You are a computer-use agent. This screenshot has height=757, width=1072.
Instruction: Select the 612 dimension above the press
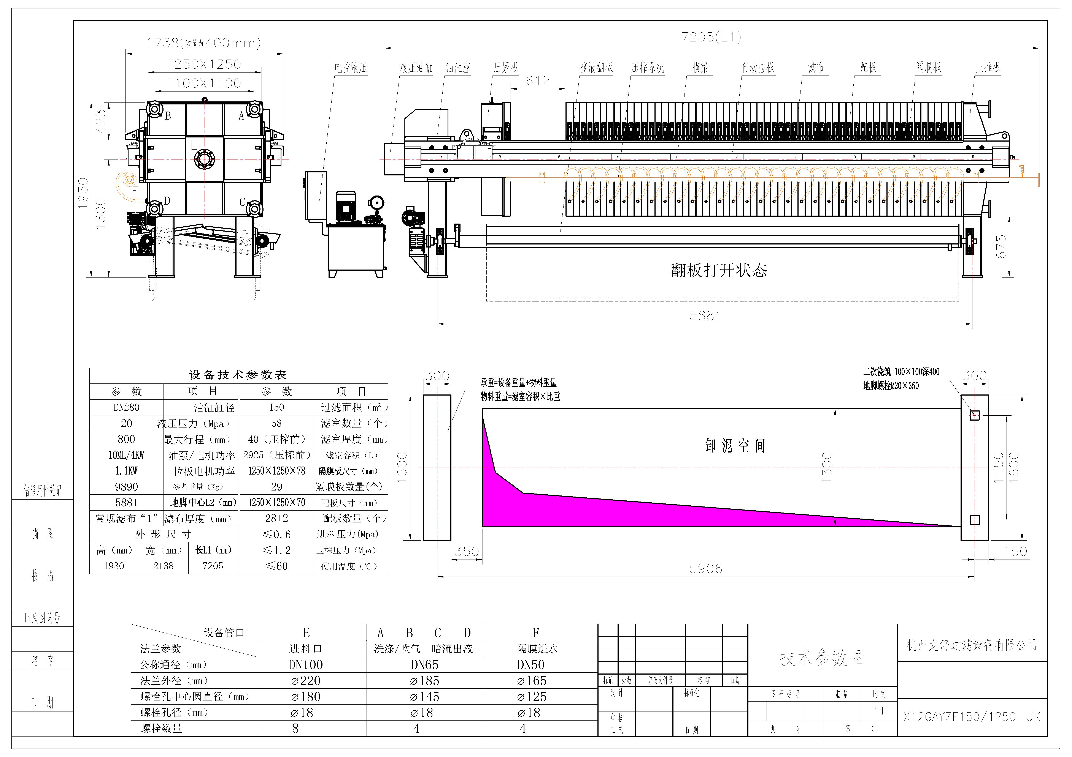[x=538, y=81]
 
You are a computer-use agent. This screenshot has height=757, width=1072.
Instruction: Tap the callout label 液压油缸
[x=416, y=68]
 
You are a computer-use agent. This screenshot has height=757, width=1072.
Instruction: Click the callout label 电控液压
[x=350, y=68]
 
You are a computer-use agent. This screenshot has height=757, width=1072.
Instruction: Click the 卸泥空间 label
[x=735, y=446]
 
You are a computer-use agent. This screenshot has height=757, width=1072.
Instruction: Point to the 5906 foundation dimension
[x=705, y=569]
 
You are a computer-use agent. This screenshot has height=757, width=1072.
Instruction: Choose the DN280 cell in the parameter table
[x=127, y=408]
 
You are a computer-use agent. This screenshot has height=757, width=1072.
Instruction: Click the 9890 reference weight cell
[x=127, y=487]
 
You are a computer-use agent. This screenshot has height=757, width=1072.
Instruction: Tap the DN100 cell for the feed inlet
[x=306, y=665]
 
